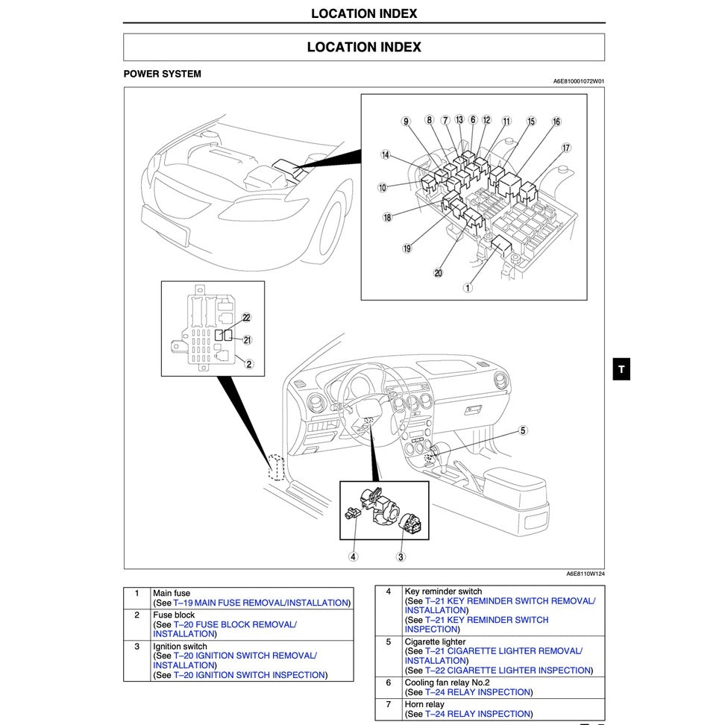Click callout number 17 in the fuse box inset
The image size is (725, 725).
tap(566, 148)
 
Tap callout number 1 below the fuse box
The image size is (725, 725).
tap(468, 287)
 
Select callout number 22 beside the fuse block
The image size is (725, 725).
tap(247, 318)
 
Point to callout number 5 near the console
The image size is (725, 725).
tap(523, 430)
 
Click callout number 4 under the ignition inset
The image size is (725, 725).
tap(353, 556)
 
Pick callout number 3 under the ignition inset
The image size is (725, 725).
tap(401, 556)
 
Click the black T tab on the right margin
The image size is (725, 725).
tap(621, 368)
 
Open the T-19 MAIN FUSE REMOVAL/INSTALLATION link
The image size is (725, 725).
tap(261, 603)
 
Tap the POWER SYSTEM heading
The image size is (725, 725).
tap(162, 74)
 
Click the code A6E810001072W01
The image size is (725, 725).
tap(578, 81)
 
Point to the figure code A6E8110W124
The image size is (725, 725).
tap(585, 574)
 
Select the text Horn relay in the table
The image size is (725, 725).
tap(424, 704)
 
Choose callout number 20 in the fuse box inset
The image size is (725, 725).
tap(438, 273)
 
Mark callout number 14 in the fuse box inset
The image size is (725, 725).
tap(386, 155)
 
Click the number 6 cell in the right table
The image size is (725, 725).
tap(388, 682)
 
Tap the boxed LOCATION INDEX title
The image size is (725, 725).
tap(364, 47)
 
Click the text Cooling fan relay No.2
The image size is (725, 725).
tap(447, 682)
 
